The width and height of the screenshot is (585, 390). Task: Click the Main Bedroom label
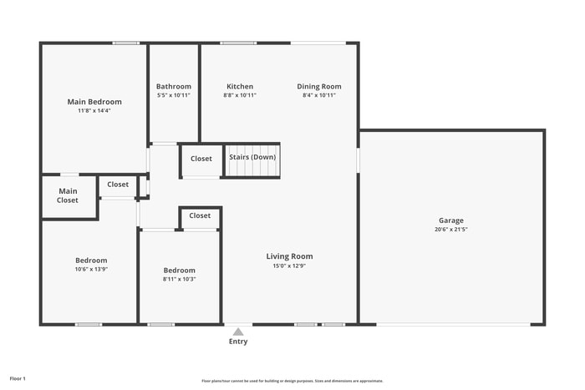click(x=94, y=102)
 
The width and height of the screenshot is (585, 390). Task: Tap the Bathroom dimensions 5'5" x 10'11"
click(x=174, y=95)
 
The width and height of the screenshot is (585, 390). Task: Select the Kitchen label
click(x=240, y=87)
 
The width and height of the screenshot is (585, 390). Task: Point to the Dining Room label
click(x=319, y=87)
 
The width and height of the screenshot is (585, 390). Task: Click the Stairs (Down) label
click(x=252, y=157)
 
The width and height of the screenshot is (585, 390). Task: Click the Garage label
click(x=450, y=220)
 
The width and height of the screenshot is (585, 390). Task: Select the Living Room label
click(x=289, y=256)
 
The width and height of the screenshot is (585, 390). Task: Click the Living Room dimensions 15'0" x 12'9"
click(x=289, y=266)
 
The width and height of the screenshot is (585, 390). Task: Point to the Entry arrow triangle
click(x=238, y=332)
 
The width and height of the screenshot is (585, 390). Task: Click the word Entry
click(x=238, y=342)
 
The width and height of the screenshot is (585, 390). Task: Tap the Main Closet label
click(x=68, y=196)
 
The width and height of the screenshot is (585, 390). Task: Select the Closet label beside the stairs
click(x=201, y=159)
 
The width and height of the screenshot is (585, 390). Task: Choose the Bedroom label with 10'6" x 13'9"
click(x=92, y=261)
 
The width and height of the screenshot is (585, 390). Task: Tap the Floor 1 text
click(x=18, y=379)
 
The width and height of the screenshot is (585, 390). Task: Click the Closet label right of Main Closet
click(x=118, y=185)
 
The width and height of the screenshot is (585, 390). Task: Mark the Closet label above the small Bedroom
click(x=200, y=215)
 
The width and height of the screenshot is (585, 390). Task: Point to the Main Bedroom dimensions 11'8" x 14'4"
click(x=94, y=110)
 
